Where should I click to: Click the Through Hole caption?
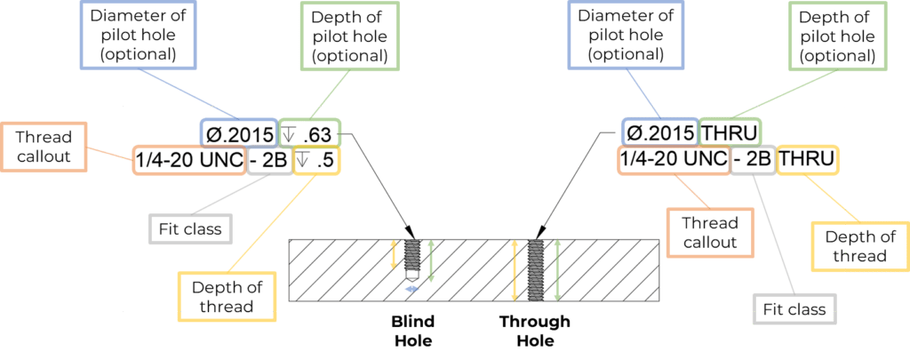point(534,330)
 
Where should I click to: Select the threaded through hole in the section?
point(535,269)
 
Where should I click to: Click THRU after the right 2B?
point(806,161)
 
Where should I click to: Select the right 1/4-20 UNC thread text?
point(673,161)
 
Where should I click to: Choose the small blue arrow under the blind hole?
point(411,289)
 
